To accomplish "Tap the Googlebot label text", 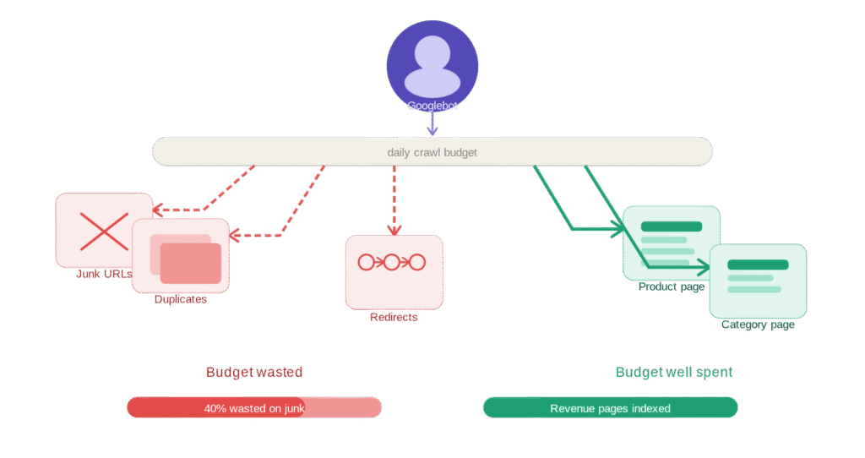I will tap(432, 106).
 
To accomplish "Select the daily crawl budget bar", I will tap(432, 152).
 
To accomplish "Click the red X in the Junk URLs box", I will tap(103, 231).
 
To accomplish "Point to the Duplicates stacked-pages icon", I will tap(185, 259).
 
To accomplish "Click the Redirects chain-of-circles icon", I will tap(392, 262).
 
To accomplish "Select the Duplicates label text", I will tap(181, 299).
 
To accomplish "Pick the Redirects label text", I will tap(394, 317).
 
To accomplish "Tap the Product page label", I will tap(671, 287).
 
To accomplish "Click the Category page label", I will tap(758, 324).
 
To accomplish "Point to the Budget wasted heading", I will tap(254, 372).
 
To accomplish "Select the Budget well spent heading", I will tap(673, 372).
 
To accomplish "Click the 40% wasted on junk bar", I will tap(254, 408).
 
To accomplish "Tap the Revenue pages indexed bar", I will tap(610, 408).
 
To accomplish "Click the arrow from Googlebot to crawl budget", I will tap(432, 124).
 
